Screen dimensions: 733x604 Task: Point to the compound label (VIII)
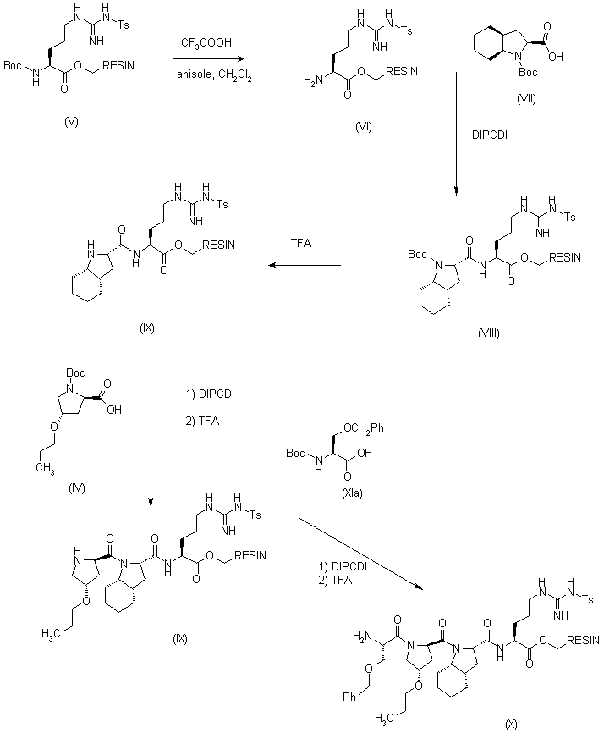(x=488, y=332)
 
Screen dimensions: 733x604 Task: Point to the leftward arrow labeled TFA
(x=305, y=266)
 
